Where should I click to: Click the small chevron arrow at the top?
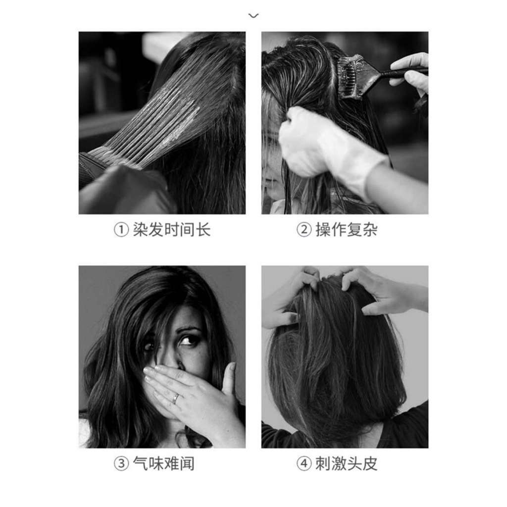(253, 15)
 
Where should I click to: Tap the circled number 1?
(121, 230)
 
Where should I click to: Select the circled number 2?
(304, 230)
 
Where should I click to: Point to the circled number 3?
(121, 463)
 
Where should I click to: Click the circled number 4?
(304, 463)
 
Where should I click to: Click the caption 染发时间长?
(171, 230)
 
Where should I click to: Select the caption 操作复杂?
(346, 230)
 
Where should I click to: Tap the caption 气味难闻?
(163, 463)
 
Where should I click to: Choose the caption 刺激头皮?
(346, 463)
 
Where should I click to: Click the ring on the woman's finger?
(176, 399)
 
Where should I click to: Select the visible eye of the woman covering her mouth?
(187, 340)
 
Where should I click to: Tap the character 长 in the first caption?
(203, 230)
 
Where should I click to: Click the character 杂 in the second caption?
(370, 230)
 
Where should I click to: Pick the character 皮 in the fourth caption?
(370, 463)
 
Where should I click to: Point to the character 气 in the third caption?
(140, 463)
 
